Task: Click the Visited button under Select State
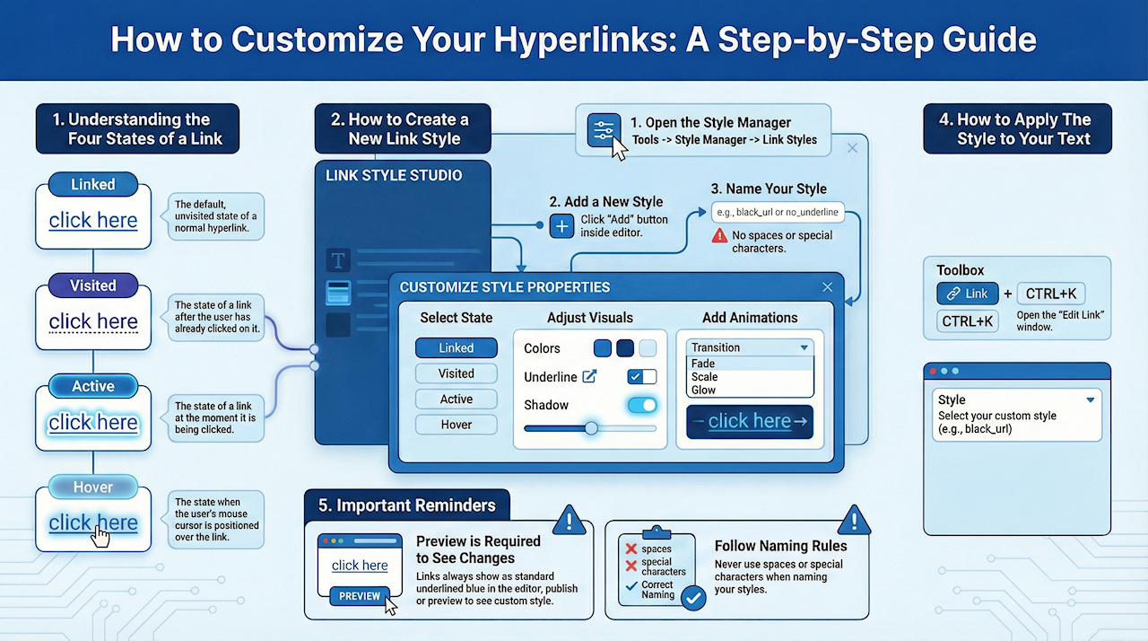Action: (x=456, y=373)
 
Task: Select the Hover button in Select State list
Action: (x=456, y=425)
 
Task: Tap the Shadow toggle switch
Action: (x=642, y=406)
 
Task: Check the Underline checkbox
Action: (x=641, y=377)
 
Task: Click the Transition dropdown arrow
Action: (x=804, y=347)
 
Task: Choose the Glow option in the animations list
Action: (x=704, y=390)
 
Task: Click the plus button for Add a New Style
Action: (x=561, y=225)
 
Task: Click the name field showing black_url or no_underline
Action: (x=778, y=213)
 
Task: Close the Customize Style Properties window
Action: (x=827, y=287)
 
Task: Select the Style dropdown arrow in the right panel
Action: (x=1091, y=400)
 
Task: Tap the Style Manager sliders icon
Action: (x=603, y=131)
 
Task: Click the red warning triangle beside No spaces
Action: (x=719, y=235)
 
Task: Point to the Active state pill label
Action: (x=93, y=386)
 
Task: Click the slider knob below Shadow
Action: (x=591, y=428)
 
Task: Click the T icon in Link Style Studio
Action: (x=338, y=261)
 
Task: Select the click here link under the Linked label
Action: (x=93, y=220)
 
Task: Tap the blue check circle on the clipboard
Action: (x=693, y=598)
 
